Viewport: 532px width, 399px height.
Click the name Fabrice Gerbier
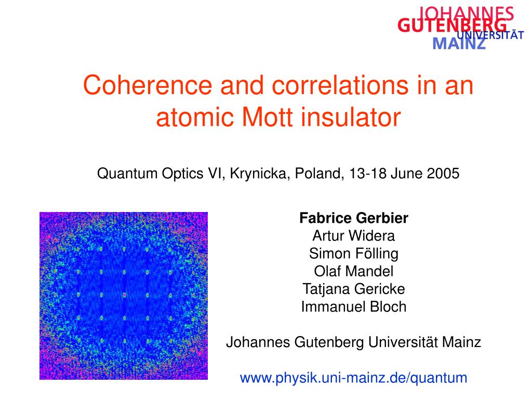(354, 218)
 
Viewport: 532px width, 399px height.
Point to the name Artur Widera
(354, 236)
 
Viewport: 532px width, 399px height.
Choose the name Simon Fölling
(354, 254)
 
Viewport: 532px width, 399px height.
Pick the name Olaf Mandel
(354, 271)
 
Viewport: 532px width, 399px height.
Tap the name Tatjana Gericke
(354, 289)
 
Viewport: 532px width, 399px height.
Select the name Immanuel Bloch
(354, 307)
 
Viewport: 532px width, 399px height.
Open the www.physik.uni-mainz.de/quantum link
(354, 378)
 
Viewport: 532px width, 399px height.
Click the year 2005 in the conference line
(444, 174)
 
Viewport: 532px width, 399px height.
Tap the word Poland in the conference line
(319, 174)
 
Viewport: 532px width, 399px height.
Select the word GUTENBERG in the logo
(452, 26)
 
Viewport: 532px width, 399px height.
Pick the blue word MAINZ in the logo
(459, 44)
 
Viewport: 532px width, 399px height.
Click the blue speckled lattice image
(124, 296)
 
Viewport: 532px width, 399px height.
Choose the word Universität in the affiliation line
(405, 342)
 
